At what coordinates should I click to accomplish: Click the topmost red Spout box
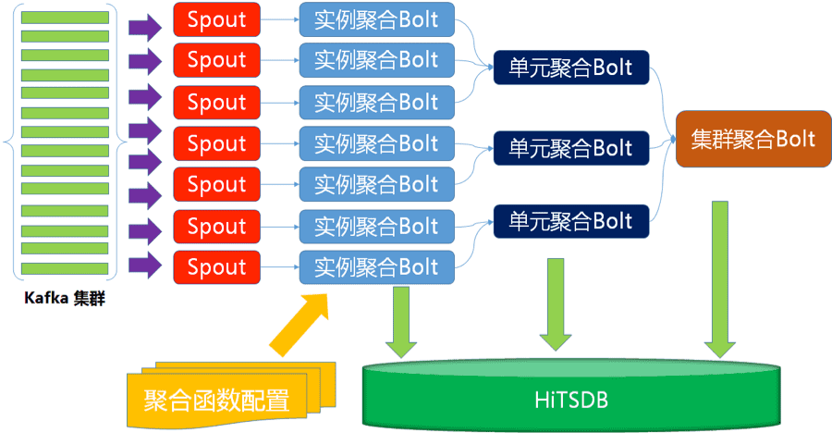[216, 19]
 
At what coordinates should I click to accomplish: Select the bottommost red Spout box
[216, 267]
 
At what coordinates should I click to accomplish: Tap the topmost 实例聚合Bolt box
[376, 19]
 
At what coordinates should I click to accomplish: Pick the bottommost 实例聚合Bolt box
[376, 267]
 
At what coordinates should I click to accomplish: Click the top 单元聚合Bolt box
[570, 68]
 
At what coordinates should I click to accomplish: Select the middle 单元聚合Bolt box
[570, 147]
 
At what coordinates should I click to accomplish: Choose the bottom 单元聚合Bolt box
[570, 221]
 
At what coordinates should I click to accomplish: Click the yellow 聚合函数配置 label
[217, 400]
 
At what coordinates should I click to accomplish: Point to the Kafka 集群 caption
[65, 299]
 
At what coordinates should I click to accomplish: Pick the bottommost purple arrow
[144, 266]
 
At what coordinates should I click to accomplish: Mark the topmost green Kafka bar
[65, 18]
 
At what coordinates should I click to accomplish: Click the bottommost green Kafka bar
[65, 268]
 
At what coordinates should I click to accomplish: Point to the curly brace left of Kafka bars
[11, 142]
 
